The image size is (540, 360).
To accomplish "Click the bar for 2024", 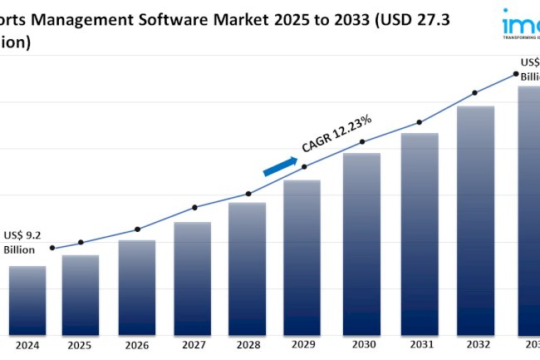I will pos(27,300).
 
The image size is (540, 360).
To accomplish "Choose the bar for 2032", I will pos(476,219).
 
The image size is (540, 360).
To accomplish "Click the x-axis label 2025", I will pos(81,345).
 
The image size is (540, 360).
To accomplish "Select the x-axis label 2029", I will pos(304,345).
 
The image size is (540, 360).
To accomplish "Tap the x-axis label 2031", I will pos(420,345).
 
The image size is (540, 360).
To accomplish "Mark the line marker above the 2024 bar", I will pos(52,248).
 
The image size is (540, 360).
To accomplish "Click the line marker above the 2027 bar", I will pos(194,207).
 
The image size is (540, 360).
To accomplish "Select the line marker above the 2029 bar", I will pos(304,166).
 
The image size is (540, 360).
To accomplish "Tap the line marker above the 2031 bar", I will pos(419,121).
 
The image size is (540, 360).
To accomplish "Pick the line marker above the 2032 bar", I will pos(474,92).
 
